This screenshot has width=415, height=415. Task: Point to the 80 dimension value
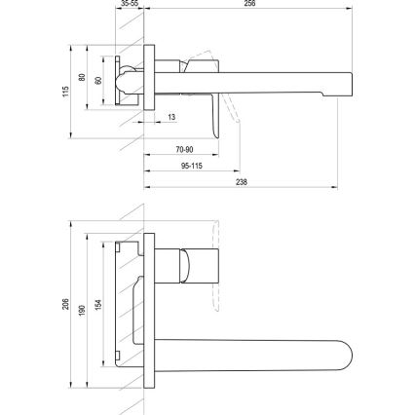83,78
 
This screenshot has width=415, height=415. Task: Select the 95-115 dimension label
191,166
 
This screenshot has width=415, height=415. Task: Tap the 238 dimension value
241,181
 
